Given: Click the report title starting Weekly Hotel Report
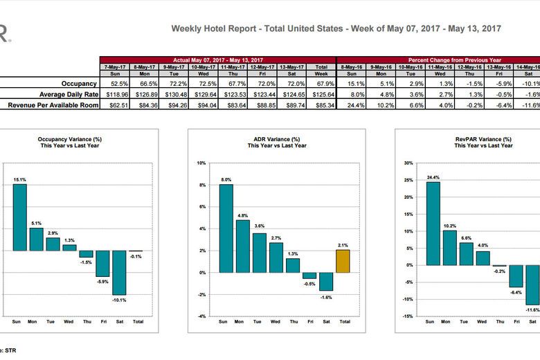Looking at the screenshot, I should pos(336,28).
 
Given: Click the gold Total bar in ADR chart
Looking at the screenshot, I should pos(342,261).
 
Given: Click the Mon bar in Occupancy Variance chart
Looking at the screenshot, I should pos(36,239).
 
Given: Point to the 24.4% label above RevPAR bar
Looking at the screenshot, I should pos(433,177).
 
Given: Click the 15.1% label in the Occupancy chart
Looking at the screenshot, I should pos(19,179).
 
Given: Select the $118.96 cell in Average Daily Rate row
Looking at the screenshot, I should pos(114,93).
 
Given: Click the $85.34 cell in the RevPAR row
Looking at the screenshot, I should pos(321,105).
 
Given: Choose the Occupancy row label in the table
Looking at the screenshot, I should pos(79,83).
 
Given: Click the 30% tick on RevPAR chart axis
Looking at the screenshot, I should pos(408,163).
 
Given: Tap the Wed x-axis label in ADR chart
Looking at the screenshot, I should pos(276,321).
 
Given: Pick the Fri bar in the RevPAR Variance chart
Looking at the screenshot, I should pos(515,276).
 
